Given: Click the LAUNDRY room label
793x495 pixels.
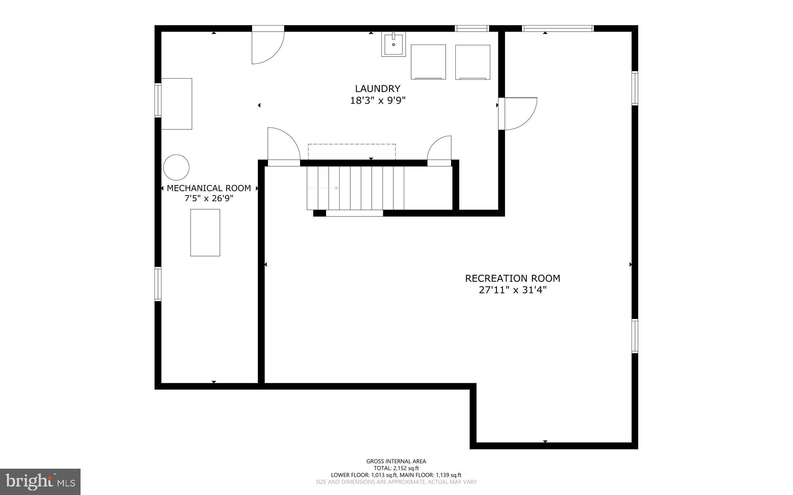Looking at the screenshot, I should (x=377, y=89).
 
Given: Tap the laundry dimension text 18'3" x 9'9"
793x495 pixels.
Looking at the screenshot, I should (x=377, y=101).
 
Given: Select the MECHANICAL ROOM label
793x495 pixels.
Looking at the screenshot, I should (x=209, y=188).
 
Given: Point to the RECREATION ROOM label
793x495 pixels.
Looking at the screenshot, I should (x=512, y=278).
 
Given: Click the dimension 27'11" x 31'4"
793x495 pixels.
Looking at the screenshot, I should (x=512, y=290).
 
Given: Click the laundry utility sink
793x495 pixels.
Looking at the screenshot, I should (x=393, y=45).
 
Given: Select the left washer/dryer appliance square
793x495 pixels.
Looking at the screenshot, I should (x=428, y=62).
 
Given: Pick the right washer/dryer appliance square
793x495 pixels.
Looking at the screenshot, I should (x=472, y=62).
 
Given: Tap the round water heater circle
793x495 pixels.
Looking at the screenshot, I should (x=176, y=168).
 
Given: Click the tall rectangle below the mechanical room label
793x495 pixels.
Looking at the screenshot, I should (x=205, y=233).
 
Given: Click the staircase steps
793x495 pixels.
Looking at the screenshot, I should (x=355, y=188).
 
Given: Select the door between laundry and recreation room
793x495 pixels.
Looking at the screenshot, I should (x=517, y=113).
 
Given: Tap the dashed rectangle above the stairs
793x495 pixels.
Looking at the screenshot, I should (x=352, y=151).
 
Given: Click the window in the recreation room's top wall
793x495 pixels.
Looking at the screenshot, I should (x=558, y=28).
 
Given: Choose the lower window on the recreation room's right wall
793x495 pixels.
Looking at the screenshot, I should (x=635, y=336).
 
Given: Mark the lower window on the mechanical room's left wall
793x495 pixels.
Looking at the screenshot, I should (x=158, y=284).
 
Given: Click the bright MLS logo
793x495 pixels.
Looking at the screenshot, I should (x=40, y=481).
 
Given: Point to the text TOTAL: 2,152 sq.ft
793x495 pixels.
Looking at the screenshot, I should (x=396, y=468).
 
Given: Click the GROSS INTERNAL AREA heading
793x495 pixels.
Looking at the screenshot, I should (x=396, y=461).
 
